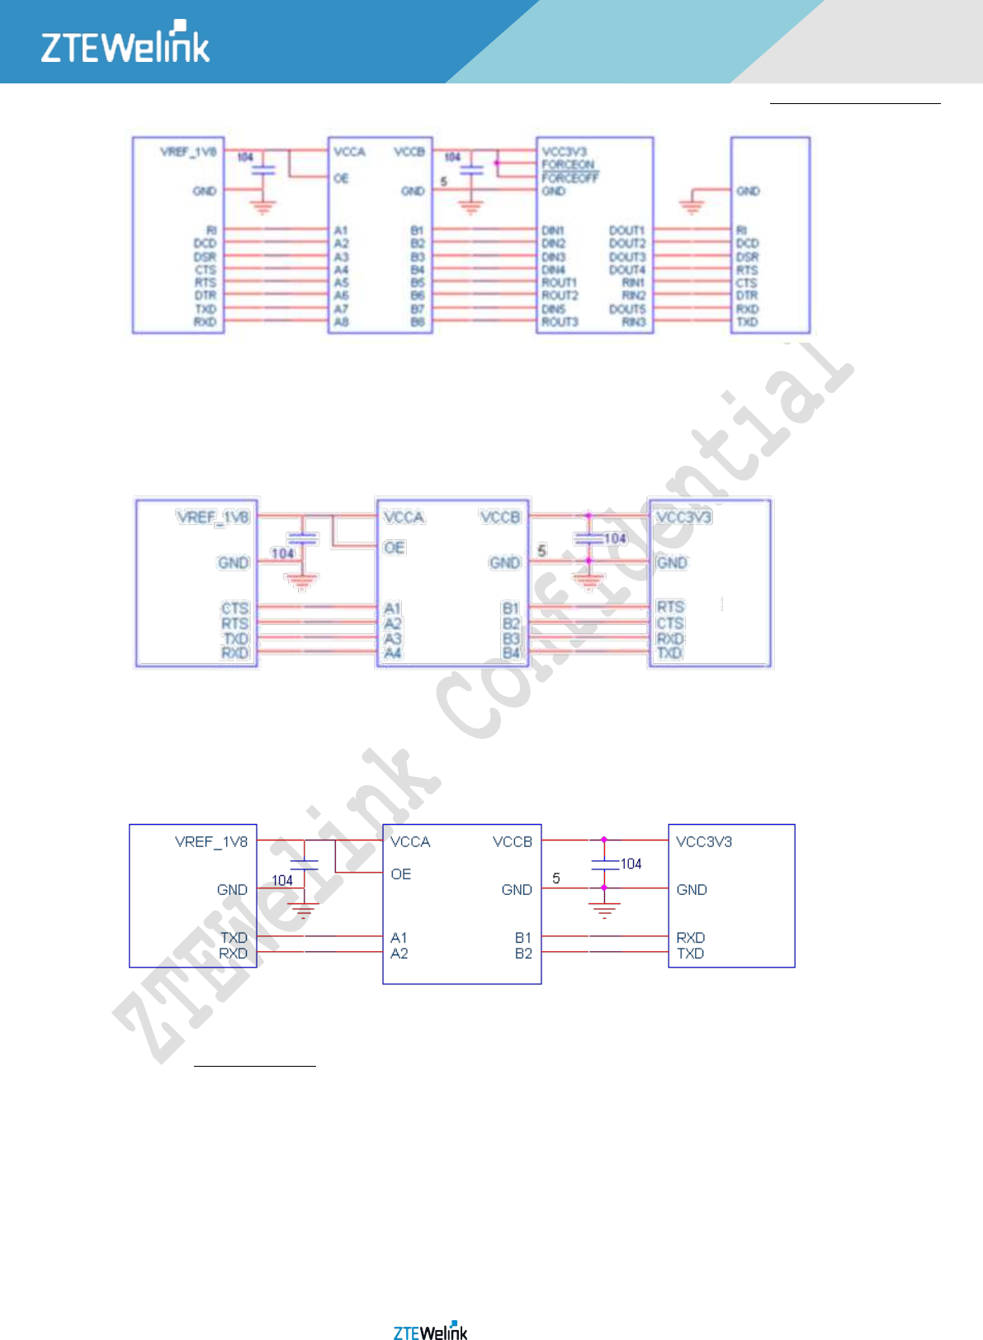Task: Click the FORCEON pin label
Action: [568, 164]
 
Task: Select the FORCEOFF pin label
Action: [570, 178]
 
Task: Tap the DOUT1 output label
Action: [626, 230]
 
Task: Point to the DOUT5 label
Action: [626, 309]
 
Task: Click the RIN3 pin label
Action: [633, 322]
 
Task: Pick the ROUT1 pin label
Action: [559, 282]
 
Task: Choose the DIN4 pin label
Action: [553, 270]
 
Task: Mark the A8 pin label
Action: [341, 322]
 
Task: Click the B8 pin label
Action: [418, 322]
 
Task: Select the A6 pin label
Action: [341, 296]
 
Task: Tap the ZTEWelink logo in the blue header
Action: [125, 44]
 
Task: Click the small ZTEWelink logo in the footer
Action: [430, 1331]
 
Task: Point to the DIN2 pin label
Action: [553, 244]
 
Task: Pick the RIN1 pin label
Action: [633, 282]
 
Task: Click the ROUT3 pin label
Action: [559, 322]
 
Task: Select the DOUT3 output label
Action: [626, 257]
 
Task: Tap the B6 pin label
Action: [418, 296]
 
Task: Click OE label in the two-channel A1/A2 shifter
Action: [400, 874]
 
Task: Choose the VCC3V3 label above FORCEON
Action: [564, 152]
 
